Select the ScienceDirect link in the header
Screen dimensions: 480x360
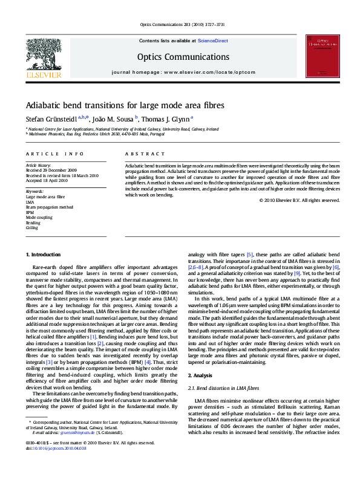[x=213, y=41]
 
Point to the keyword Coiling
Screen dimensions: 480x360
[x=31, y=228]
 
